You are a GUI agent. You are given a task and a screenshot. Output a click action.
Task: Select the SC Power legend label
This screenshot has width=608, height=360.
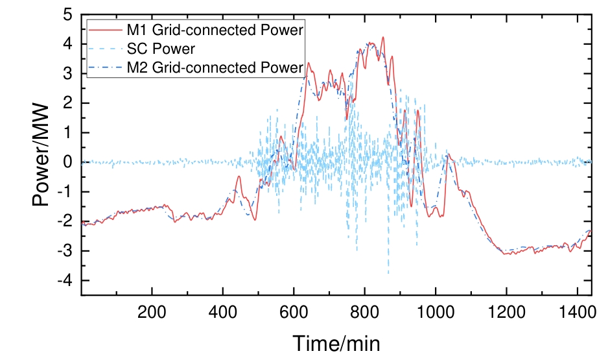pyautogui.click(x=161, y=49)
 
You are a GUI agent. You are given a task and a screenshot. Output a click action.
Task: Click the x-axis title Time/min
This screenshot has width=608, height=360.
pyautogui.click(x=336, y=343)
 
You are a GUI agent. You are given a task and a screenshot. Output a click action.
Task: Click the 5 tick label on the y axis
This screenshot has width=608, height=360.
pyautogui.click(x=68, y=15)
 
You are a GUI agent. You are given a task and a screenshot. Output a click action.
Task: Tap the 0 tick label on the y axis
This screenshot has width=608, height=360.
pyautogui.click(x=68, y=162)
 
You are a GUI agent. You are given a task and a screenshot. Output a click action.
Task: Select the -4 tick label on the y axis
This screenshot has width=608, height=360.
pyautogui.click(x=65, y=280)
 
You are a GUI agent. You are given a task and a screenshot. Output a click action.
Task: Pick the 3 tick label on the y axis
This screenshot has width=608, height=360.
pyautogui.click(x=68, y=74)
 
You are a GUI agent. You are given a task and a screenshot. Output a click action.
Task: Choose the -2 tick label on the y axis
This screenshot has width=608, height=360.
pyautogui.click(x=65, y=221)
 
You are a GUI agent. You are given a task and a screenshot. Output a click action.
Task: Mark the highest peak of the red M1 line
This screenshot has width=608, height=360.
pyautogui.click(x=383, y=38)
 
